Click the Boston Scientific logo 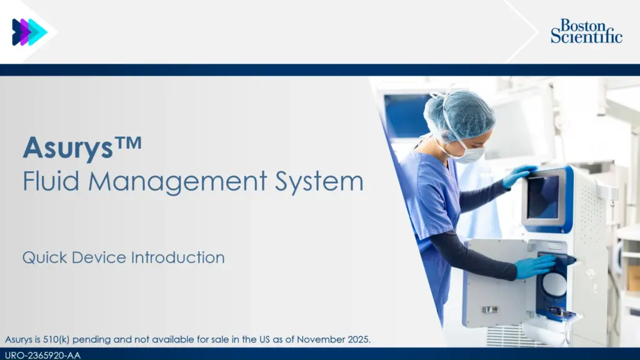586,31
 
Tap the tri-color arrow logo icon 30,32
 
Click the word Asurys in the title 67,147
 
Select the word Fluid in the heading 51,181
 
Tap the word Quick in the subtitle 44,257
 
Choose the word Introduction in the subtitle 177,257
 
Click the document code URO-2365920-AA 43,355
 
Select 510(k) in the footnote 56,339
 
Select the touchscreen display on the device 543,197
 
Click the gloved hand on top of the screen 518,176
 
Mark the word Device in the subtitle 99,257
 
